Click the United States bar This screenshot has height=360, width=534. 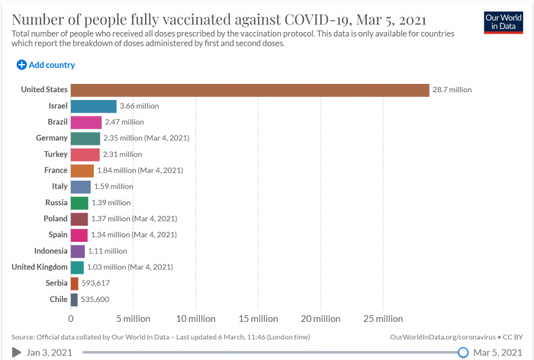[249, 90]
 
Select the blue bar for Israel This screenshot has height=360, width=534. [93, 106]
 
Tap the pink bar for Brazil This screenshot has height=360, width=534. [85, 122]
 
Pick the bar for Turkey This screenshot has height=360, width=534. [85, 154]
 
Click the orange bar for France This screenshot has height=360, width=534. [82, 170]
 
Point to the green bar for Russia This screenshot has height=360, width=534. [79, 202]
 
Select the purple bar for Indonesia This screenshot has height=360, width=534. [77, 251]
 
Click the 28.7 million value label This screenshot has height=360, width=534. [452, 90]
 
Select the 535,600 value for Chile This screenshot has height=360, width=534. [95, 299]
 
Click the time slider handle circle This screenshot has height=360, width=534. [463, 352]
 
